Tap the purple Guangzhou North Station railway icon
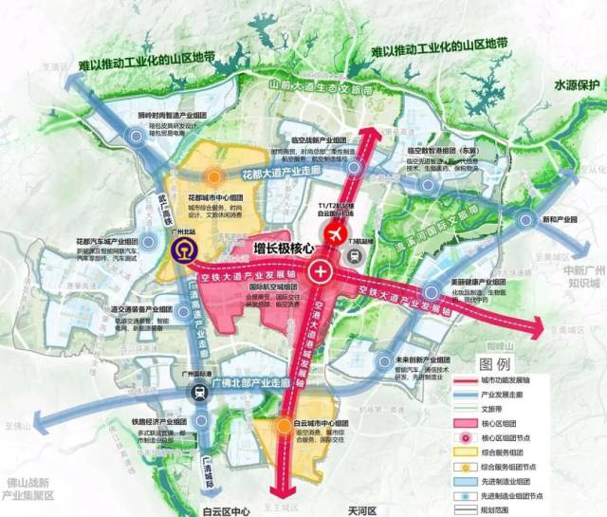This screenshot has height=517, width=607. pos(179,250)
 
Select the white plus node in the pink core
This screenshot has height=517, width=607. pos(322,273)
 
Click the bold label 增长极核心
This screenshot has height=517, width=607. pos(285,249)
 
